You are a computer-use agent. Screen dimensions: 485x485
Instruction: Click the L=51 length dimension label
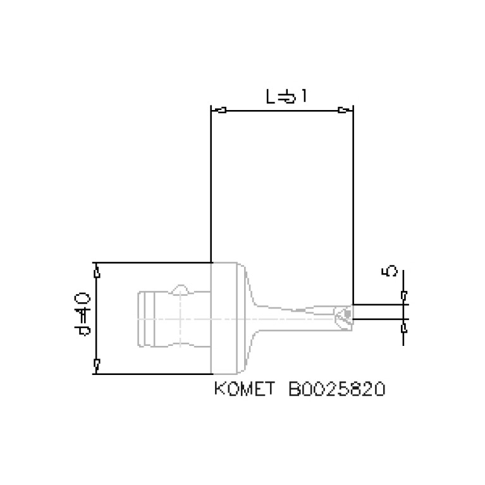click(x=286, y=97)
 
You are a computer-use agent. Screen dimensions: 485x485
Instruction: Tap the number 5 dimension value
click(x=390, y=271)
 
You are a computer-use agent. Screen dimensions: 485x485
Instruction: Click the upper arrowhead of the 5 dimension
click(x=403, y=295)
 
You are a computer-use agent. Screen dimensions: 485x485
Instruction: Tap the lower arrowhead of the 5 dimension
click(x=403, y=327)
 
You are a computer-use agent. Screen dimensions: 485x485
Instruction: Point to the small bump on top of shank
click(x=181, y=290)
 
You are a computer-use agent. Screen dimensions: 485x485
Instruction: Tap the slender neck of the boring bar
click(x=291, y=316)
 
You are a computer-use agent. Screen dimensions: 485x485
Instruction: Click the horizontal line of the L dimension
click(x=281, y=111)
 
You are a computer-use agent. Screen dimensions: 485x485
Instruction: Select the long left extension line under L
click(x=211, y=190)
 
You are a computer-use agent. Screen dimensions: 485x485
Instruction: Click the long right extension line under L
click(x=353, y=202)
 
